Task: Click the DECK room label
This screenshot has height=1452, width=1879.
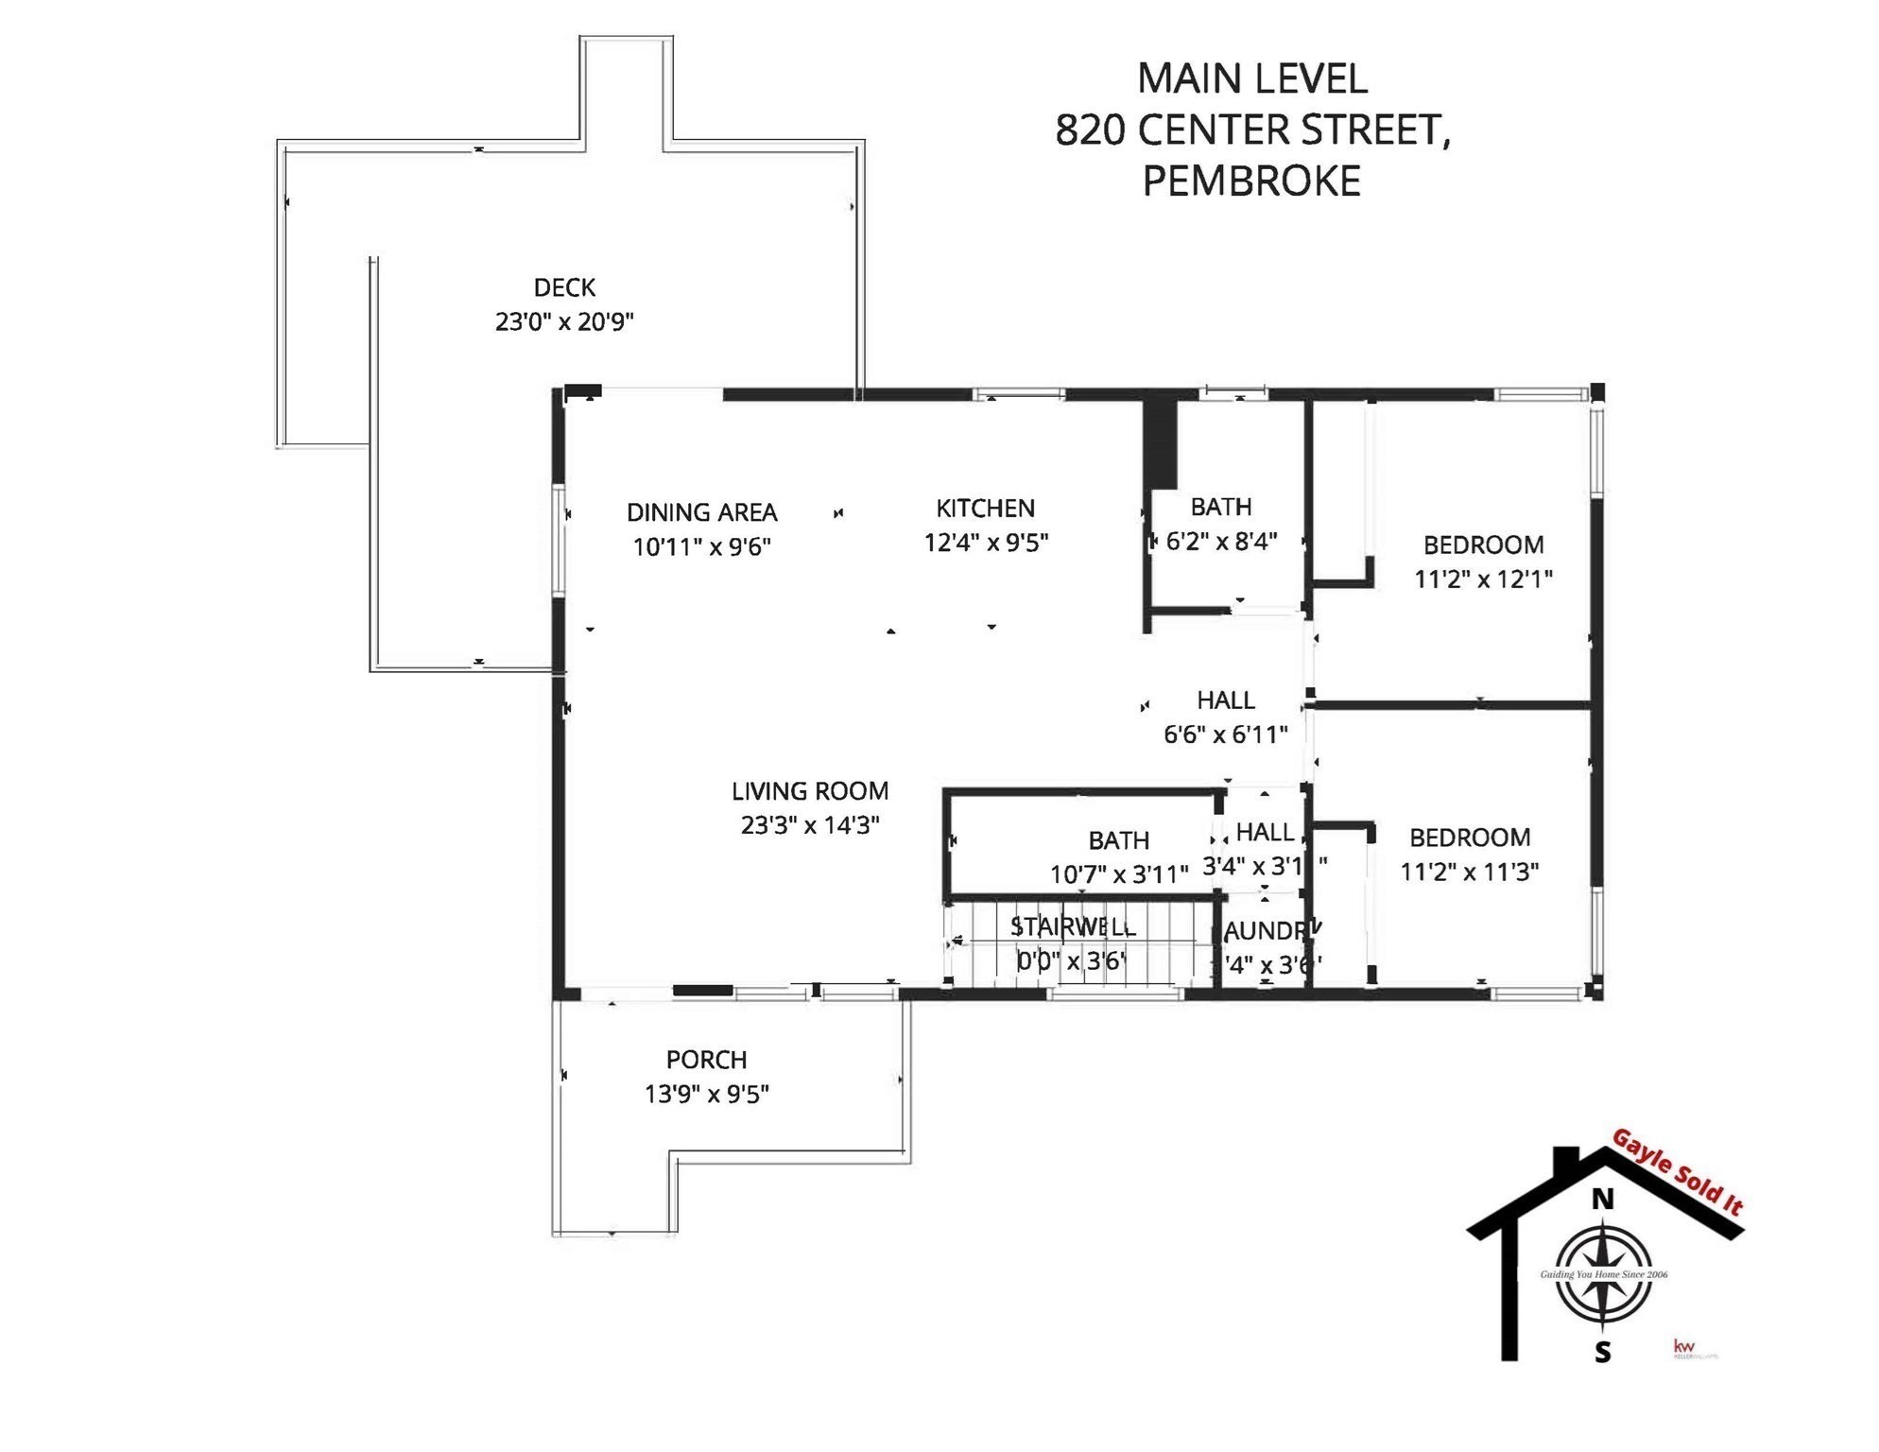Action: [x=564, y=287]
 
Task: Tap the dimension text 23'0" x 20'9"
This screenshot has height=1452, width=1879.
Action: [x=564, y=321]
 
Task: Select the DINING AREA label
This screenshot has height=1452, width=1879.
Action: [x=701, y=512]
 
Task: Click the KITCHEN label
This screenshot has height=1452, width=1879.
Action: [x=985, y=509]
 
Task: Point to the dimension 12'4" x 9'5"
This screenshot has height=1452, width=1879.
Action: [x=986, y=543]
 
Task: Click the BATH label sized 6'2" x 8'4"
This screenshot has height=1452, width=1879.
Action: [x=1220, y=508]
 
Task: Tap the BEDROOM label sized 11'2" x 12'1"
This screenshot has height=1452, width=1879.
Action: [x=1483, y=545]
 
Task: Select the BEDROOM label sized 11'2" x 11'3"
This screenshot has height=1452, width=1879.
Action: [x=1469, y=838]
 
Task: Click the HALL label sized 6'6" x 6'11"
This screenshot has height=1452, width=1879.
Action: [x=1225, y=700]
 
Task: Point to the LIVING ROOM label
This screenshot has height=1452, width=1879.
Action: [x=810, y=791]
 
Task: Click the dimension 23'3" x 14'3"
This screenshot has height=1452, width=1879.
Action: [x=810, y=825]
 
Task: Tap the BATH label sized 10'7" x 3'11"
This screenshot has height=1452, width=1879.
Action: [x=1118, y=840]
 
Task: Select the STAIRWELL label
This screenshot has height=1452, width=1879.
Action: [x=1073, y=926]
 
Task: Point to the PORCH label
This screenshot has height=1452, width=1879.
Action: [x=706, y=1060]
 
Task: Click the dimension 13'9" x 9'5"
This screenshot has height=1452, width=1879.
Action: [x=706, y=1094]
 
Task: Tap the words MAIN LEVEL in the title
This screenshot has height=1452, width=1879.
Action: [x=1251, y=78]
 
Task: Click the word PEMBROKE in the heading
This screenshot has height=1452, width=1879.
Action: [x=1251, y=181]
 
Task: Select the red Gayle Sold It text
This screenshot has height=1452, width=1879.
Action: [x=1677, y=1172]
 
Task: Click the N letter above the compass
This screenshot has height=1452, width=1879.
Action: [x=1602, y=1200]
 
